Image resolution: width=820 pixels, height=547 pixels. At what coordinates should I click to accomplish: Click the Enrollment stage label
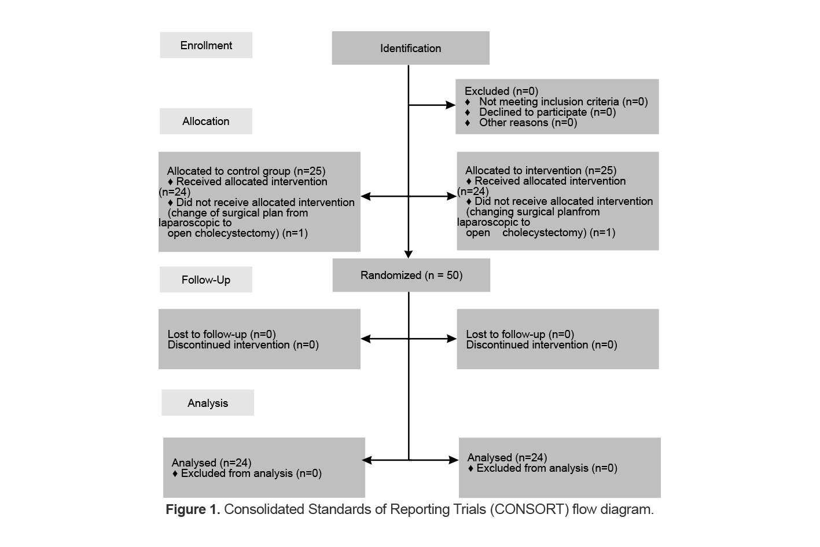206,45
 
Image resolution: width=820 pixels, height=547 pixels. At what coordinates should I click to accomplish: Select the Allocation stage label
205,121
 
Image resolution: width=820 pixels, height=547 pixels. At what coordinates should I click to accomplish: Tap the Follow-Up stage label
205,280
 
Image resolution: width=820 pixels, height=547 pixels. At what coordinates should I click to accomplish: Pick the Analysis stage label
207,403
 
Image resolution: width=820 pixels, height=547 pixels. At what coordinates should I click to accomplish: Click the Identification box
410,48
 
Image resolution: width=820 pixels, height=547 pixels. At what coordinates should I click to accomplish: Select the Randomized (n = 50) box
411,275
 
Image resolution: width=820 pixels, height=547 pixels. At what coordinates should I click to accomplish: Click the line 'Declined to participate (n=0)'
547,112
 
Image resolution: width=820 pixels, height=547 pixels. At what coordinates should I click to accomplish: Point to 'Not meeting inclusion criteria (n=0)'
563,102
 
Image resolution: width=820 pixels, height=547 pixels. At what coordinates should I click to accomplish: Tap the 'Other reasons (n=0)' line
528,123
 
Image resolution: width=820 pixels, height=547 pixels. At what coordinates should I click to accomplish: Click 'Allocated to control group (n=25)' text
246,171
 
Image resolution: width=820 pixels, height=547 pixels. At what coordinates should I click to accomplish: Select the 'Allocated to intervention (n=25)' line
540,171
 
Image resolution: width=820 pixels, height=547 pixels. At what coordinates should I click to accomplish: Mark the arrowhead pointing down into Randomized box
409,254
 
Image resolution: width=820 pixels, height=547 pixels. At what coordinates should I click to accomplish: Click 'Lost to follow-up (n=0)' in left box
221,334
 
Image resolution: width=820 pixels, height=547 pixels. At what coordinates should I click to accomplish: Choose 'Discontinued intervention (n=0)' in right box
541,345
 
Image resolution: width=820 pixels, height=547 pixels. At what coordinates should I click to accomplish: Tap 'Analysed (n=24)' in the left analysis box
211,462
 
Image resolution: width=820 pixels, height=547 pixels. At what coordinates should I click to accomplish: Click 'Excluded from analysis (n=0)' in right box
546,468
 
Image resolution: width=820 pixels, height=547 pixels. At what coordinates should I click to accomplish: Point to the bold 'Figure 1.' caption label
192,509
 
